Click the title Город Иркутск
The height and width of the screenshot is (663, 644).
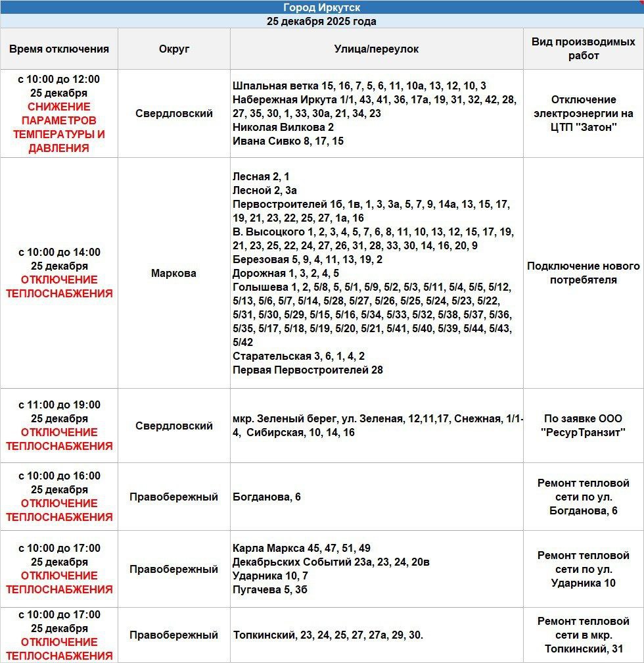tap(321, 7)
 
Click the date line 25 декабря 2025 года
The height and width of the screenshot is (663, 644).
tap(321, 21)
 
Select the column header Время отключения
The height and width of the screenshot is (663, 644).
tap(59, 49)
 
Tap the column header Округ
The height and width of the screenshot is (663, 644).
tap(174, 49)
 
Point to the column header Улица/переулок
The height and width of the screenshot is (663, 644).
tap(376, 49)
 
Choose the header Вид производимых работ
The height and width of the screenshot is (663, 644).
tap(584, 49)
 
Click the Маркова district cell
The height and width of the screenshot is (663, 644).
tap(174, 273)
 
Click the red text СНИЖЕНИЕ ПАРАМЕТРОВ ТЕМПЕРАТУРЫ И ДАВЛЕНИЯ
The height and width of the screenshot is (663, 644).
tap(59, 128)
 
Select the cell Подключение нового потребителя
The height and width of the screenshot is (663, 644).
tap(584, 273)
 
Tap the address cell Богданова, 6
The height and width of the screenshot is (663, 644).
tap(267, 497)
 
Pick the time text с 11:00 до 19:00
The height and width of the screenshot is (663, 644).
tap(59, 405)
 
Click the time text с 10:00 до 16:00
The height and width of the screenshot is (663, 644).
tap(59, 476)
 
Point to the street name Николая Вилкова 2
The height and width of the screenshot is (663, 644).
tap(283, 127)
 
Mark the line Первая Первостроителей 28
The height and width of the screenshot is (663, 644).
tap(308, 370)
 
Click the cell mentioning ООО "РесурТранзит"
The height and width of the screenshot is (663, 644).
tap(584, 426)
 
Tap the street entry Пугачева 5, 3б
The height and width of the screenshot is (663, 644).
tap(270, 589)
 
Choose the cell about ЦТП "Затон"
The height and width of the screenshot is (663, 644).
tap(584, 113)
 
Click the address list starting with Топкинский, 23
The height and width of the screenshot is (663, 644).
tap(328, 635)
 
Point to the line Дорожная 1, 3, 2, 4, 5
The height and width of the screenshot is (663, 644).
tap(286, 273)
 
